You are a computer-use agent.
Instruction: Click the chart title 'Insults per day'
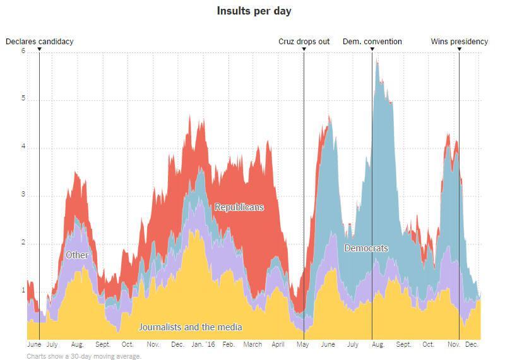tap(254, 11)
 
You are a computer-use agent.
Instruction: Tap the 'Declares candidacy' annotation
tap(40, 42)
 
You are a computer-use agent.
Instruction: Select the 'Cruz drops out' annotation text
tap(304, 42)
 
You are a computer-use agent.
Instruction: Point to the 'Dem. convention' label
tap(372, 42)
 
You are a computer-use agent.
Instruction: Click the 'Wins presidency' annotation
tap(460, 42)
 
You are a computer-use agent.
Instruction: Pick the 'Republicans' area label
tap(239, 207)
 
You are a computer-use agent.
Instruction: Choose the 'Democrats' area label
tap(365, 248)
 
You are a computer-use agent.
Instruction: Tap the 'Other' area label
tap(76, 255)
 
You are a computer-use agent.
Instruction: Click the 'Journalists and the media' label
tap(190, 327)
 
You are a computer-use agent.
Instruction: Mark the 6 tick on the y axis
tap(23, 52)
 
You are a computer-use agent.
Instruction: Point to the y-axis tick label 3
tap(23, 195)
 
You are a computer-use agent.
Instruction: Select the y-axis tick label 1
tap(23, 291)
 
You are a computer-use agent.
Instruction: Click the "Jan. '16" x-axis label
tap(203, 345)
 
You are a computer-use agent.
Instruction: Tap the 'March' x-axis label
tap(252, 345)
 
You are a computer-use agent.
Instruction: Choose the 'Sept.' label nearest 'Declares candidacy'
tap(103, 345)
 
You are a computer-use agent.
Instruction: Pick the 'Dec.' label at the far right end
tap(472, 345)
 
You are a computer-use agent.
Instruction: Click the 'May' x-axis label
tap(303, 345)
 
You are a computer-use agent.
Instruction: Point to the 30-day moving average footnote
tap(84, 356)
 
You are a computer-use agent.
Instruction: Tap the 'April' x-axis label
tap(278, 345)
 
